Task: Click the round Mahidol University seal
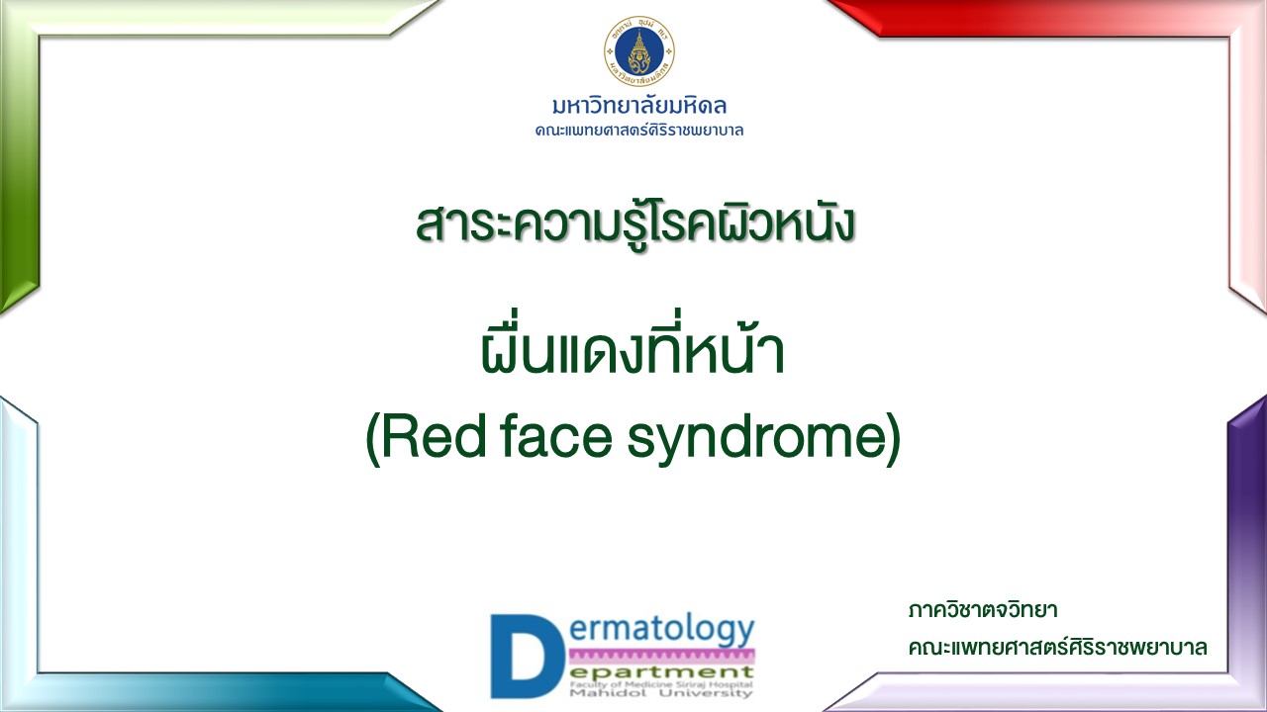639,50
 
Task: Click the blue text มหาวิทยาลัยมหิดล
639,106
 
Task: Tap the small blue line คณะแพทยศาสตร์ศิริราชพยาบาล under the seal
639,131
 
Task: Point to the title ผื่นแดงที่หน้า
633,346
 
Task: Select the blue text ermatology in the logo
661,630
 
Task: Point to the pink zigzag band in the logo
662,656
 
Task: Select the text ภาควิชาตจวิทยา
983,611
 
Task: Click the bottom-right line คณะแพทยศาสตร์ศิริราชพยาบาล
1058,648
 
